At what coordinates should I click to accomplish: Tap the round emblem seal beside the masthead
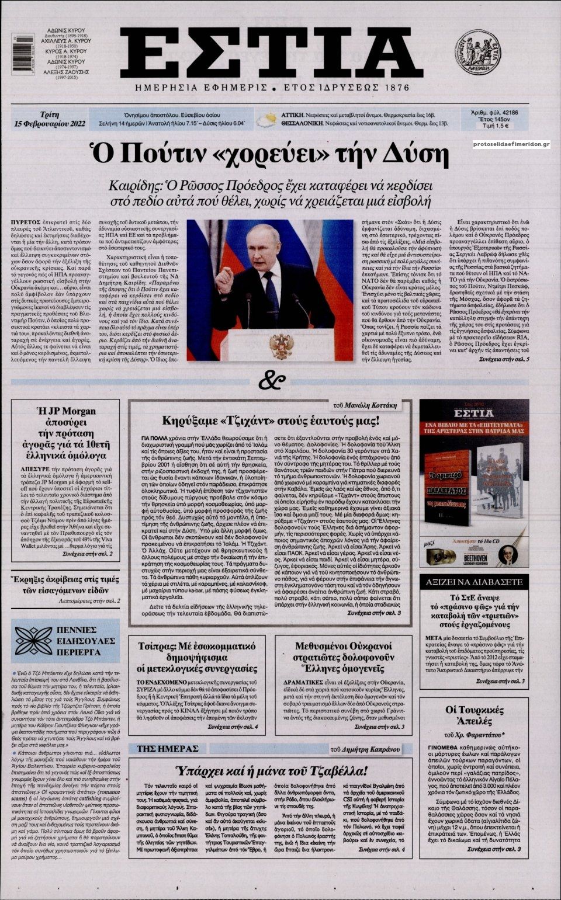478,53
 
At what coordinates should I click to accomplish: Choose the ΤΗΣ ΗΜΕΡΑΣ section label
168,748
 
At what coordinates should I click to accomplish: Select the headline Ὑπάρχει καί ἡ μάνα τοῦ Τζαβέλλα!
271,770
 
